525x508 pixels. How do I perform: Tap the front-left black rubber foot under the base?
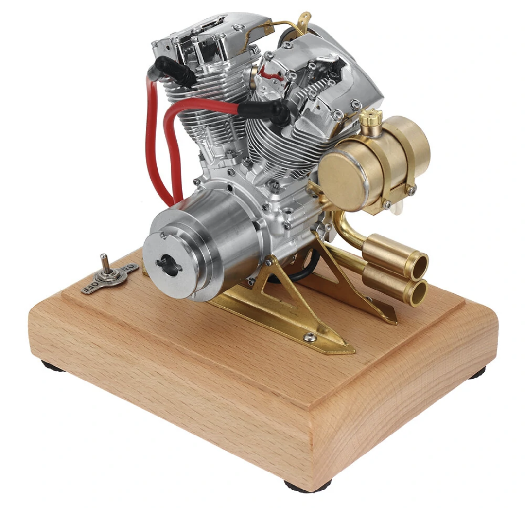[x=52, y=366]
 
